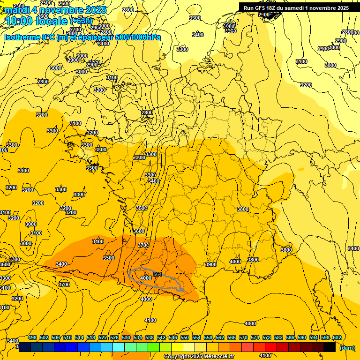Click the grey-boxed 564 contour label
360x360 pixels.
pyautogui.click(x=157, y=274)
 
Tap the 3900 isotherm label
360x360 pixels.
pyautogui.click(x=211, y=264)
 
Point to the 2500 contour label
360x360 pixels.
pyautogui.click(x=46, y=3)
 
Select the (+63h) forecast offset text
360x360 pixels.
pyautogui.click(x=81, y=21)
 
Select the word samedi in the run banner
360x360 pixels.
pyautogui.click(x=305, y=8)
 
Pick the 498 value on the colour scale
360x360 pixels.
pyautogui.click(x=32, y=337)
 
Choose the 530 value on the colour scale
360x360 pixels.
pyautogui.click(x=126, y=337)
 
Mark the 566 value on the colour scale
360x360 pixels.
pyautogui.click(x=232, y=337)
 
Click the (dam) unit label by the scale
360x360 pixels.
pyautogui.click(x=347, y=347)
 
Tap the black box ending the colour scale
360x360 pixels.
pyautogui.click(x=330, y=347)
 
